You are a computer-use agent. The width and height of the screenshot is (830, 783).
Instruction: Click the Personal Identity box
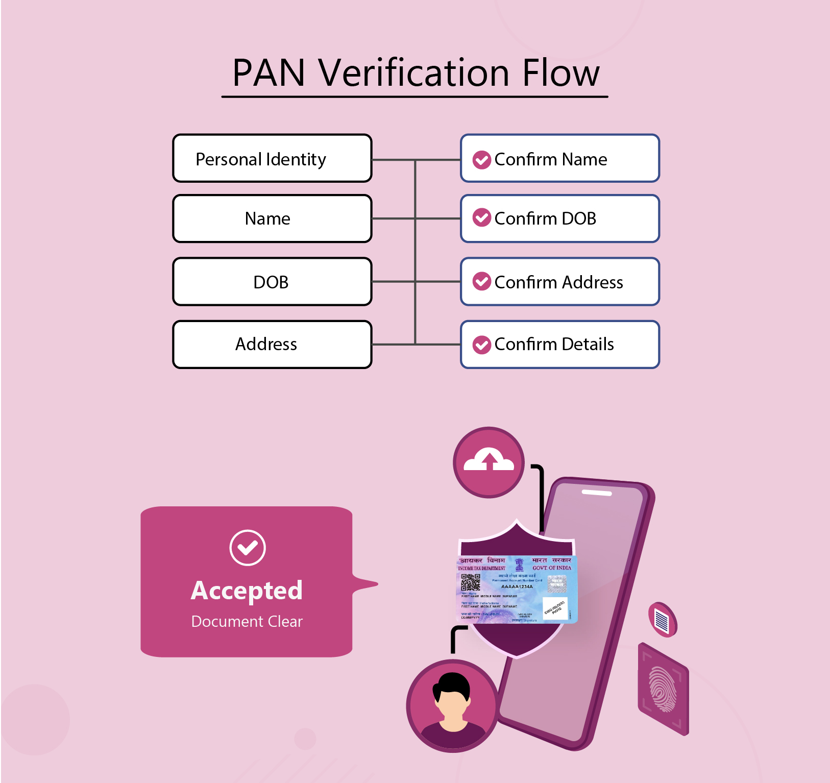coord(272,159)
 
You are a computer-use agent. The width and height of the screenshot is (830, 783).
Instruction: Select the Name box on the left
coord(272,218)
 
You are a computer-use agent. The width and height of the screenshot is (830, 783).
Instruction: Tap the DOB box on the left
coord(272,282)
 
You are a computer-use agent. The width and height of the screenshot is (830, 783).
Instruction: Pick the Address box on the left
coord(272,344)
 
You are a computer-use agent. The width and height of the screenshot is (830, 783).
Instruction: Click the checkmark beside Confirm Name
coord(481,160)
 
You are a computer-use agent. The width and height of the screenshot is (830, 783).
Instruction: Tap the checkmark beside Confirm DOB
coord(481,218)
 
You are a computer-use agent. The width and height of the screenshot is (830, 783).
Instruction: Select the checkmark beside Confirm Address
coord(481,281)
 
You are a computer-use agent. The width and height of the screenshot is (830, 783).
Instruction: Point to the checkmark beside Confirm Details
coord(481,345)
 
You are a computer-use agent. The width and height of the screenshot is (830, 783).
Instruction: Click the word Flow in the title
coord(560,73)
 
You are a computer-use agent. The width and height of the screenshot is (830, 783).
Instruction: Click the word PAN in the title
coord(268,73)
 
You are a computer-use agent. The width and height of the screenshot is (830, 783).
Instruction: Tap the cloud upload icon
coord(489,461)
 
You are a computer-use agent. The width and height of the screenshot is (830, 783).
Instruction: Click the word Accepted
coord(247,591)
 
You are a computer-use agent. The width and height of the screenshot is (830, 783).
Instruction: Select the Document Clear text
coord(247,621)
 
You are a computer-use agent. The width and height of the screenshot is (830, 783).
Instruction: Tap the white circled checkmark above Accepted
coord(248,548)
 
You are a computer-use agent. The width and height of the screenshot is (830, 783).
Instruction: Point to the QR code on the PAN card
coord(470,582)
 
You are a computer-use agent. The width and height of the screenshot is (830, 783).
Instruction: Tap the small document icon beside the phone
coord(662,620)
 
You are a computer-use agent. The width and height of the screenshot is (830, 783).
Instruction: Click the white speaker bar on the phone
coord(597,493)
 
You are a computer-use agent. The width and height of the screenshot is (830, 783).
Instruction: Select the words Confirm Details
coord(554,345)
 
